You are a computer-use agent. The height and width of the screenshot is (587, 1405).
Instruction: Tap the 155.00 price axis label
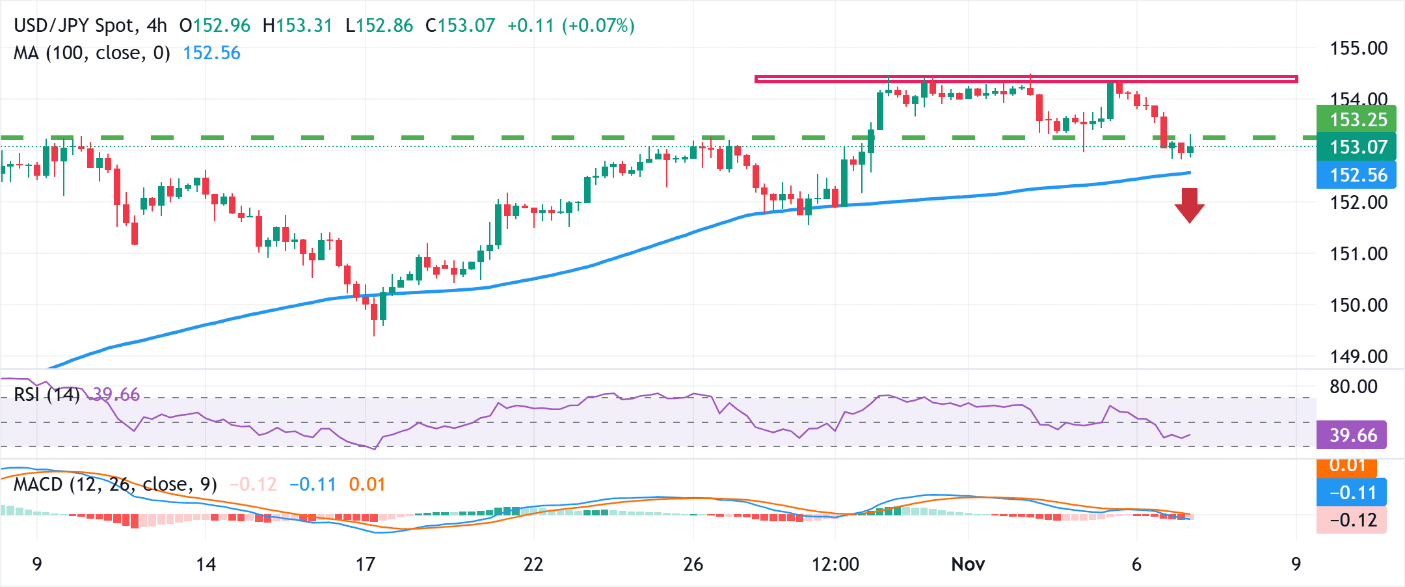1358,48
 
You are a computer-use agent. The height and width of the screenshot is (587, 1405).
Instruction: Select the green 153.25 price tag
1356,120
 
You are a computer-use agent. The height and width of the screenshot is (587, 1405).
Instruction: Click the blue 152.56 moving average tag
1356,175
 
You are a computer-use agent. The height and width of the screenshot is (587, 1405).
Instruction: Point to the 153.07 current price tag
1356,147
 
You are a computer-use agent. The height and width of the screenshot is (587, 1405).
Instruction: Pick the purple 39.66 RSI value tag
1352,435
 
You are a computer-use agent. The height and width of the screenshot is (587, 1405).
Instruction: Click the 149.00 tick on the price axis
1358,356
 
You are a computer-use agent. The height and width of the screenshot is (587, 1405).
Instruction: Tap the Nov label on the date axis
967,564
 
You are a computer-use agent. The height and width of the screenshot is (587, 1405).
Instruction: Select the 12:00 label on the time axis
835,564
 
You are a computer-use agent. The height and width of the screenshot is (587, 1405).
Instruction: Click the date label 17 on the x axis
365,564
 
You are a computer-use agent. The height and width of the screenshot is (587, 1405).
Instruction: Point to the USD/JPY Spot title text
75,26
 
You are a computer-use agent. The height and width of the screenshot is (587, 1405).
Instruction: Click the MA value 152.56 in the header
211,53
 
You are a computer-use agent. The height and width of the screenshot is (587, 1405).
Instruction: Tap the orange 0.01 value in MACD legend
367,484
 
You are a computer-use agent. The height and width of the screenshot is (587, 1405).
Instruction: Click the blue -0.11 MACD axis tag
1352,493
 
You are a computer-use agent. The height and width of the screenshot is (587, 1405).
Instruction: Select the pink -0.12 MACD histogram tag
1352,520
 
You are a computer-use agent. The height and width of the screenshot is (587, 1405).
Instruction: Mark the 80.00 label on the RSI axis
1353,387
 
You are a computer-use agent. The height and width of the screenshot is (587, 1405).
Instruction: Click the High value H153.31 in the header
297,26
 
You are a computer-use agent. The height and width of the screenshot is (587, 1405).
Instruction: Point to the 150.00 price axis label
1358,305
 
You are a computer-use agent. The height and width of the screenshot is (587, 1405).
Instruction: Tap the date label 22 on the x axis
533,564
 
